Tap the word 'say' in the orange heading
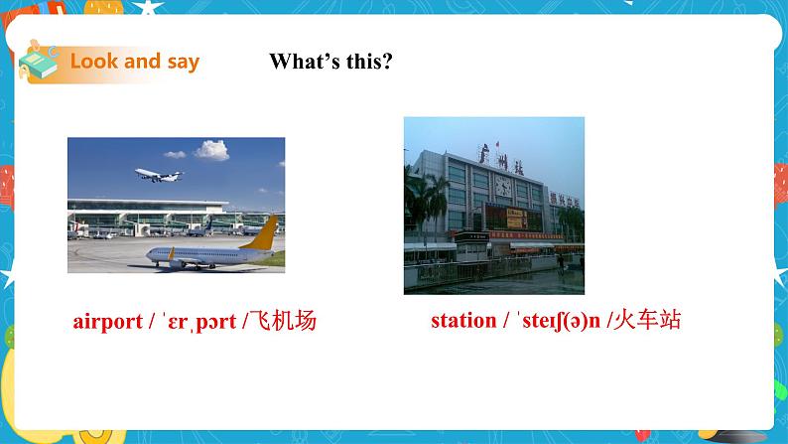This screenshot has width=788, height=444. tap(182, 62)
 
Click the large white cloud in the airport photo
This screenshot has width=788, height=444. tap(210, 150)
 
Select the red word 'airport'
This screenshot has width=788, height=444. tap(107, 322)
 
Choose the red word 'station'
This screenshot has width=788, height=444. tap(462, 321)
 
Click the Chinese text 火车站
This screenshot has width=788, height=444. tap(646, 321)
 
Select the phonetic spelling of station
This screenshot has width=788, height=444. tap(556, 321)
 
